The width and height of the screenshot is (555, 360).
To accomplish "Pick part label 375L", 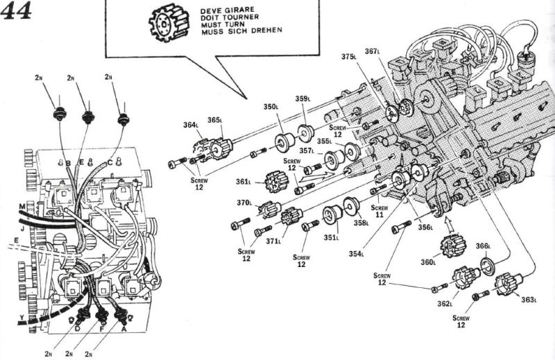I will click(x=350, y=56).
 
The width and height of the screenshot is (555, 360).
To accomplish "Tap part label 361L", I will click(x=243, y=182).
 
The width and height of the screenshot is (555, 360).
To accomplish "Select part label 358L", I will click(x=361, y=223).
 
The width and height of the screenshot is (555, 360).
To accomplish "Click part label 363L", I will click(x=529, y=299).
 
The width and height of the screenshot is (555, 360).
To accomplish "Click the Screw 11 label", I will click(x=379, y=211).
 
